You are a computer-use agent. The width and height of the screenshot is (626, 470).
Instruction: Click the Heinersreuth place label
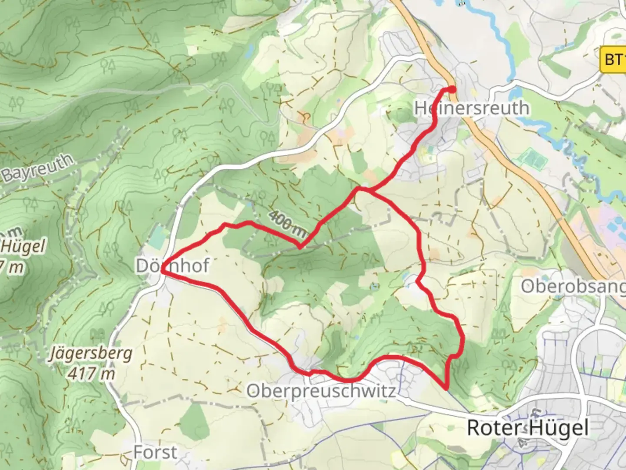click(472, 108)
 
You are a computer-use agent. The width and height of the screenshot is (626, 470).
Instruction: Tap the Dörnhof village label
click(173, 265)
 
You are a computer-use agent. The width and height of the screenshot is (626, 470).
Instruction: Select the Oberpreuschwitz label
click(321, 390)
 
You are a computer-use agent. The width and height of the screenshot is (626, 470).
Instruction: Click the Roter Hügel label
click(527, 428)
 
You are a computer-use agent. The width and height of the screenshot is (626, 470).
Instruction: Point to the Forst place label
click(155, 453)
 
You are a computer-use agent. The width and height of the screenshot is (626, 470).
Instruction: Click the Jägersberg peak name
click(91, 353)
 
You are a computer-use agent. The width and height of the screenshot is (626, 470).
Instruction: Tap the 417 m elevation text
click(91, 373)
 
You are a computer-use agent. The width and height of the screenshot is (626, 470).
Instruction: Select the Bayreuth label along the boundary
click(37, 168)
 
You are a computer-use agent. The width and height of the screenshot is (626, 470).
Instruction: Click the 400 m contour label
click(287, 224)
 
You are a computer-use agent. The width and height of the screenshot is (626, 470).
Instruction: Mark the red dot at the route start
click(452, 90)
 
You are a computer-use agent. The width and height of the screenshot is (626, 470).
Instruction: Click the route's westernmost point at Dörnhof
click(162, 271)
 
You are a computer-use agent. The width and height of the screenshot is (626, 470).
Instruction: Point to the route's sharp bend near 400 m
click(300, 247)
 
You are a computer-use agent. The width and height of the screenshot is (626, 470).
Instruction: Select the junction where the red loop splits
click(360, 189)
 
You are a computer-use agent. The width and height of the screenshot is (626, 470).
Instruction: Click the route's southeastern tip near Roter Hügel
click(446, 387)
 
